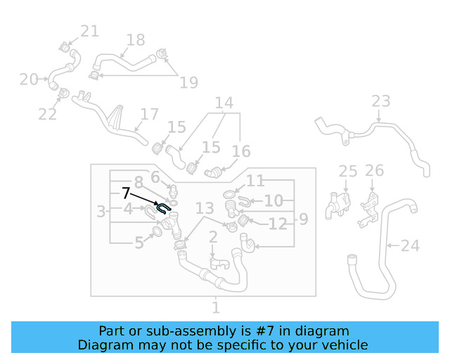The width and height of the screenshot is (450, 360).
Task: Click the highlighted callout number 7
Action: pos(126,193)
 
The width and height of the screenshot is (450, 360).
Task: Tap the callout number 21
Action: pos(89,31)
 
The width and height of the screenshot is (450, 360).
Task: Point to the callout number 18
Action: pos(135,40)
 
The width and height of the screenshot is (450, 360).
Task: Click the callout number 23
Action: pos(380,101)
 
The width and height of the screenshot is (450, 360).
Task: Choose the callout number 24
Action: pos(410,246)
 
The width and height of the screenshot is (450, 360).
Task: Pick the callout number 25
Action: pos(348,171)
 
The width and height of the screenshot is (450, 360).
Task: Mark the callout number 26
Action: pos(375,170)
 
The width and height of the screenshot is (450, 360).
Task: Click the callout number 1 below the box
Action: pos(216,307)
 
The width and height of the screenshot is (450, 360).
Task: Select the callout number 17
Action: pos(150,114)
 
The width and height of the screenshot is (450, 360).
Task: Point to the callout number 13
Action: pos(205,208)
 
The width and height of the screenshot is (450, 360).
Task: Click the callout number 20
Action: pos(29,79)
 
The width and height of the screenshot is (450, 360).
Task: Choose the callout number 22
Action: pos(48,114)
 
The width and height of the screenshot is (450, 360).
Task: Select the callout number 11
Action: pos(255,181)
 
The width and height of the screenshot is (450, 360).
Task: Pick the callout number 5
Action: pos(139,243)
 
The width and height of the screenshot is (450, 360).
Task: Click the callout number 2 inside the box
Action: pos(212,240)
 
